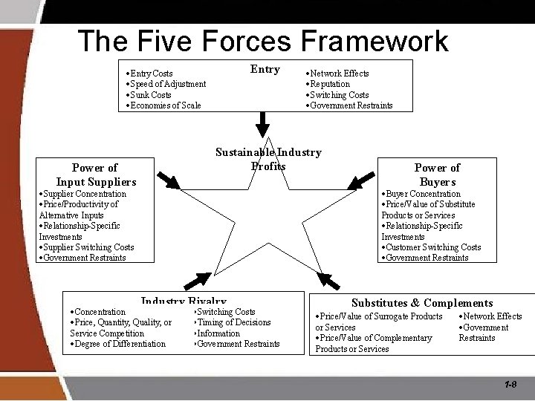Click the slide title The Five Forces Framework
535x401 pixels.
pyautogui.click(x=263, y=41)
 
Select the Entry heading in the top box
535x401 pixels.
pyautogui.click(x=265, y=69)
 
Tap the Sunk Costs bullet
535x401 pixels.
pyautogui.click(x=150, y=95)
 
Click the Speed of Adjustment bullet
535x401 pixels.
pyautogui.click(x=167, y=84)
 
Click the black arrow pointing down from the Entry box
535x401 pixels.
pyautogui.click(x=262, y=120)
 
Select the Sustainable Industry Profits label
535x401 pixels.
pyautogui.click(x=268, y=159)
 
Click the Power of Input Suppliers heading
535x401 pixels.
pyautogui.click(x=96, y=175)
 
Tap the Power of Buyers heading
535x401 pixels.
pyautogui.click(x=437, y=175)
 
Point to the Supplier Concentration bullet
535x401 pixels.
pyautogui.click(x=84, y=194)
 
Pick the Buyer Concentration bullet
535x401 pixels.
pyautogui.click(x=422, y=194)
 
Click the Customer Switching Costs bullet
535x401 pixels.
pyautogui.click(x=432, y=247)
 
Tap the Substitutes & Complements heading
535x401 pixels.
pyautogui.click(x=422, y=303)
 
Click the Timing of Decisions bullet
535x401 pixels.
pyautogui.click(x=233, y=322)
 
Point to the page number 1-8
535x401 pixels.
pyautogui.click(x=510, y=385)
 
